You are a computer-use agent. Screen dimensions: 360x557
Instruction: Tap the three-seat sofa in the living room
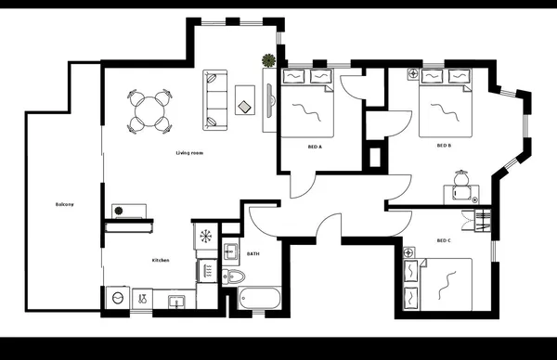214,100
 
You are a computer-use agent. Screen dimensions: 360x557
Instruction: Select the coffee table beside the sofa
246,100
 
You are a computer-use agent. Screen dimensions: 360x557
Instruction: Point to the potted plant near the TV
268,61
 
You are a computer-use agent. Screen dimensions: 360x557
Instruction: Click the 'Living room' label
189,152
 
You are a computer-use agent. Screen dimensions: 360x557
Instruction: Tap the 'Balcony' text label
64,204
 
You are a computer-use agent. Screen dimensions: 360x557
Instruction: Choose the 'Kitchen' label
161,260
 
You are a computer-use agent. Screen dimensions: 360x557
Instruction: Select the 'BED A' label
315,147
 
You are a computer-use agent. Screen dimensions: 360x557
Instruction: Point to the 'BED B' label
444,146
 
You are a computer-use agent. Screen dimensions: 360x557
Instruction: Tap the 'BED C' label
444,241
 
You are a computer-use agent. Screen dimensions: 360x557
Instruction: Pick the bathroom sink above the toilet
231,251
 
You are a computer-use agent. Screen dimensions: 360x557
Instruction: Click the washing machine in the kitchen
118,298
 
